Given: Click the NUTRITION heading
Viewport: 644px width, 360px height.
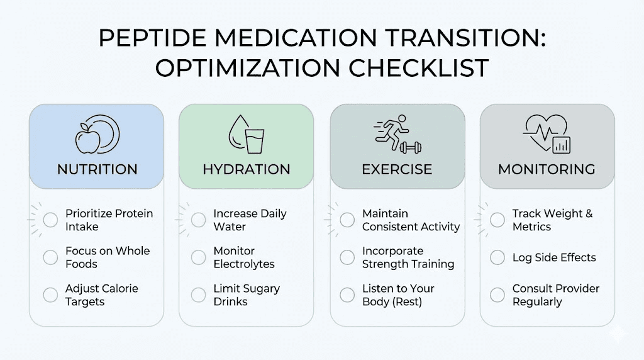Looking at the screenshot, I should tap(97, 169).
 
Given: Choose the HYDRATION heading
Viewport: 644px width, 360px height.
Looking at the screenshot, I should tap(247, 169).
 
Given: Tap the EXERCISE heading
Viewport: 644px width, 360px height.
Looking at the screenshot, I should tap(397, 169).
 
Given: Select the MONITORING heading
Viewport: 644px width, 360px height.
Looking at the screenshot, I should tap(547, 169).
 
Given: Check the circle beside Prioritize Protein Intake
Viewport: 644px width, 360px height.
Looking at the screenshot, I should tap(50, 220).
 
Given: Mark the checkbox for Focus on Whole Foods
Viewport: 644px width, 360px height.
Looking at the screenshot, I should tap(50, 257).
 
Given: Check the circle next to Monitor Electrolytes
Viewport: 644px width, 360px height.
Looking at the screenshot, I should tap(198, 257).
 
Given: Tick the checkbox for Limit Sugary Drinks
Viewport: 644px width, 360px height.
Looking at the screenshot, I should tap(198, 295).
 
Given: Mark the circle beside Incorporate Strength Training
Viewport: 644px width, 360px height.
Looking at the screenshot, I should tap(347, 257).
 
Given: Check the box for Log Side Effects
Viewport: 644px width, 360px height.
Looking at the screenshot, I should tap(497, 257).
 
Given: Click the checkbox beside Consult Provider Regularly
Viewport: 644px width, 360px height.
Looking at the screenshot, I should tap(497, 295).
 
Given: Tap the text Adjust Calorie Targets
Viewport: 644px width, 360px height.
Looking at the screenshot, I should tap(101, 295).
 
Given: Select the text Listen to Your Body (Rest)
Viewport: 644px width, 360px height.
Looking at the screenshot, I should tap(398, 295).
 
